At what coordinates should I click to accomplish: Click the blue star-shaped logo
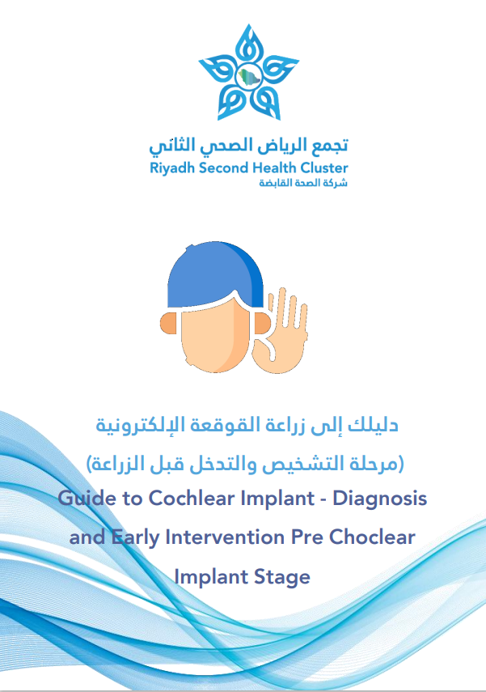[249, 73]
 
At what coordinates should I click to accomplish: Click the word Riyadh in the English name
[172, 168]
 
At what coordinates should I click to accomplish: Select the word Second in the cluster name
[224, 168]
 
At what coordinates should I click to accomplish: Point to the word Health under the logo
[274, 168]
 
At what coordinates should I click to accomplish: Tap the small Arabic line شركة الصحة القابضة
[303, 183]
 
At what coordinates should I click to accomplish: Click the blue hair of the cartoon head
[215, 274]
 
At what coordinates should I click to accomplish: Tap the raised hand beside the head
[281, 332]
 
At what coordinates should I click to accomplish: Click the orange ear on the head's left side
[168, 323]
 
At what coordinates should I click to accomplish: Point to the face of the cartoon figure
[216, 335]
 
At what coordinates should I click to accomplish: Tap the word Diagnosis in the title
[380, 499]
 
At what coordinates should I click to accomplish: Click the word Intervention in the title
[225, 537]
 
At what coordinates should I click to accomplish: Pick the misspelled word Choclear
[372, 537]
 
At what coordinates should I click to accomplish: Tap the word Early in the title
[135, 538]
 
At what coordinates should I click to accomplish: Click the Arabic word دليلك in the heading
[373, 426]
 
